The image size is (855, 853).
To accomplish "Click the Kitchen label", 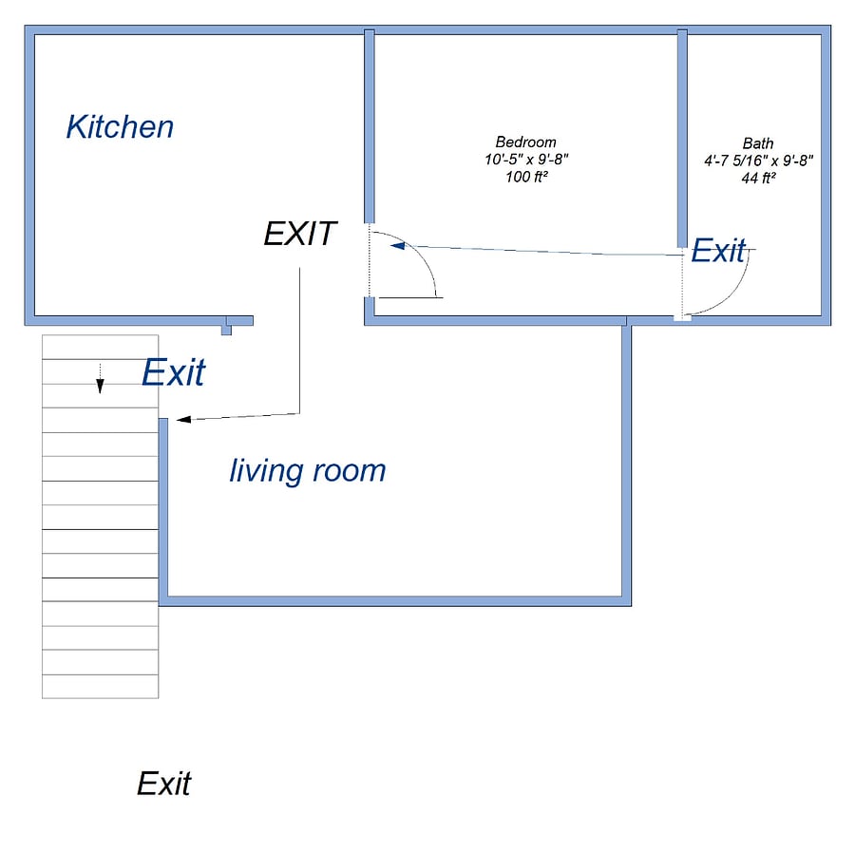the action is (x=120, y=127).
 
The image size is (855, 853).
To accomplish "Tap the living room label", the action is (x=308, y=470).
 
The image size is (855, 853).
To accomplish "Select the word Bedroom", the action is (x=525, y=142).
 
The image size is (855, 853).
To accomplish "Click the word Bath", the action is (x=758, y=143).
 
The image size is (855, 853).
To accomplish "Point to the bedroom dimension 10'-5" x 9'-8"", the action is (x=526, y=160).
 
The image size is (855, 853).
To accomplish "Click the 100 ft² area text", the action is (x=526, y=177).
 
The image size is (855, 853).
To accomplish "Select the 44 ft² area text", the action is (x=758, y=178).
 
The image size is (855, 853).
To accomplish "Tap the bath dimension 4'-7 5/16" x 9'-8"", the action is (x=758, y=161).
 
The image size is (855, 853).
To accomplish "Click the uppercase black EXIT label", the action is (x=300, y=234).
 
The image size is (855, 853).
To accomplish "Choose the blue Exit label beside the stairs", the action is (x=174, y=372).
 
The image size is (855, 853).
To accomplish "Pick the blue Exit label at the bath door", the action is (x=718, y=251).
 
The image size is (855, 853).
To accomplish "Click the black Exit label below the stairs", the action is (x=164, y=784).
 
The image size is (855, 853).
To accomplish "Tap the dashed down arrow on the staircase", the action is (x=100, y=378).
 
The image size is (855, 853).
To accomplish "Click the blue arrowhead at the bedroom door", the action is (x=398, y=246).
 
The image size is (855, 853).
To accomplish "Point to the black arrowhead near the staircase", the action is (x=183, y=419).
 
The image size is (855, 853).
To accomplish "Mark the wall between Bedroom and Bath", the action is (x=682, y=139).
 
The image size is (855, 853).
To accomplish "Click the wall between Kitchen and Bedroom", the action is (x=370, y=126).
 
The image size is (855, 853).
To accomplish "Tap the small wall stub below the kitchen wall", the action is (x=226, y=331).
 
